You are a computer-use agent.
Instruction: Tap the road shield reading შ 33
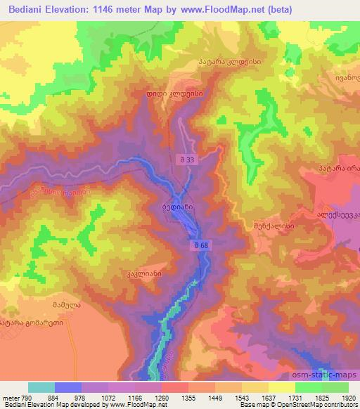coord(185,162)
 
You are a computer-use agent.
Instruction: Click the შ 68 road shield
coord(200,245)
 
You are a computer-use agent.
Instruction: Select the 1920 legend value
coord(347,397)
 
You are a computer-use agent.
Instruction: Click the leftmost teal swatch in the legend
coord(41,387)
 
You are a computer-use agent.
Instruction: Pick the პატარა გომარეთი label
coord(32,323)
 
